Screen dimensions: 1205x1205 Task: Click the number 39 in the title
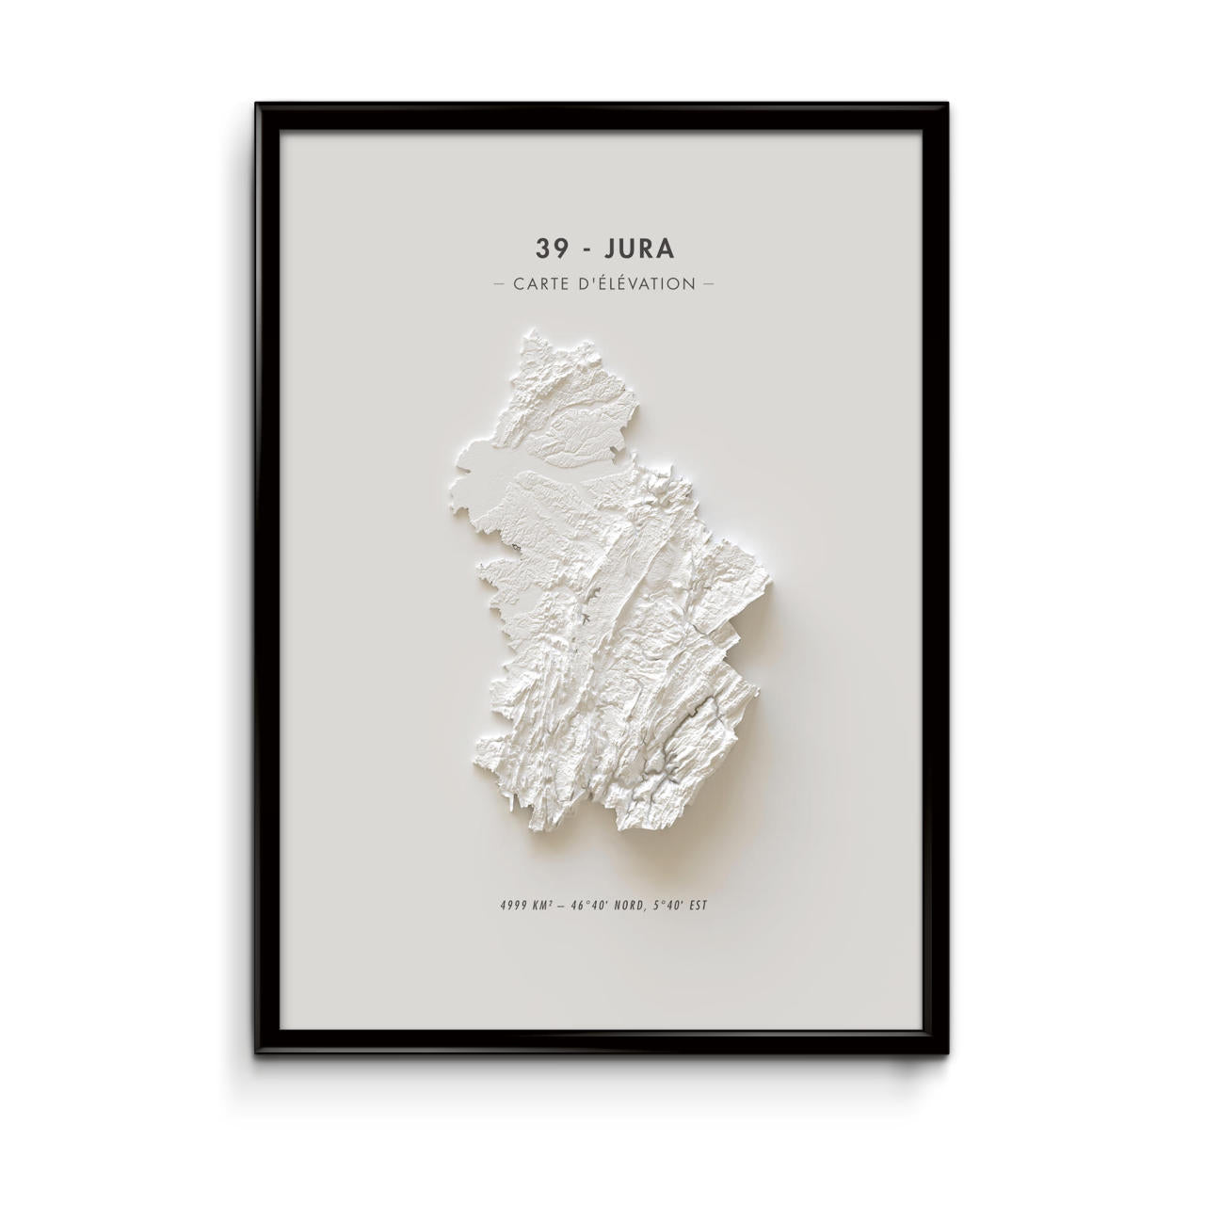pyautogui.click(x=550, y=248)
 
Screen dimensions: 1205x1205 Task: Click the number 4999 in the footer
pyautogui.click(x=515, y=907)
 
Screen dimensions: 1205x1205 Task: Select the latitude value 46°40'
pyautogui.click(x=590, y=907)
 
